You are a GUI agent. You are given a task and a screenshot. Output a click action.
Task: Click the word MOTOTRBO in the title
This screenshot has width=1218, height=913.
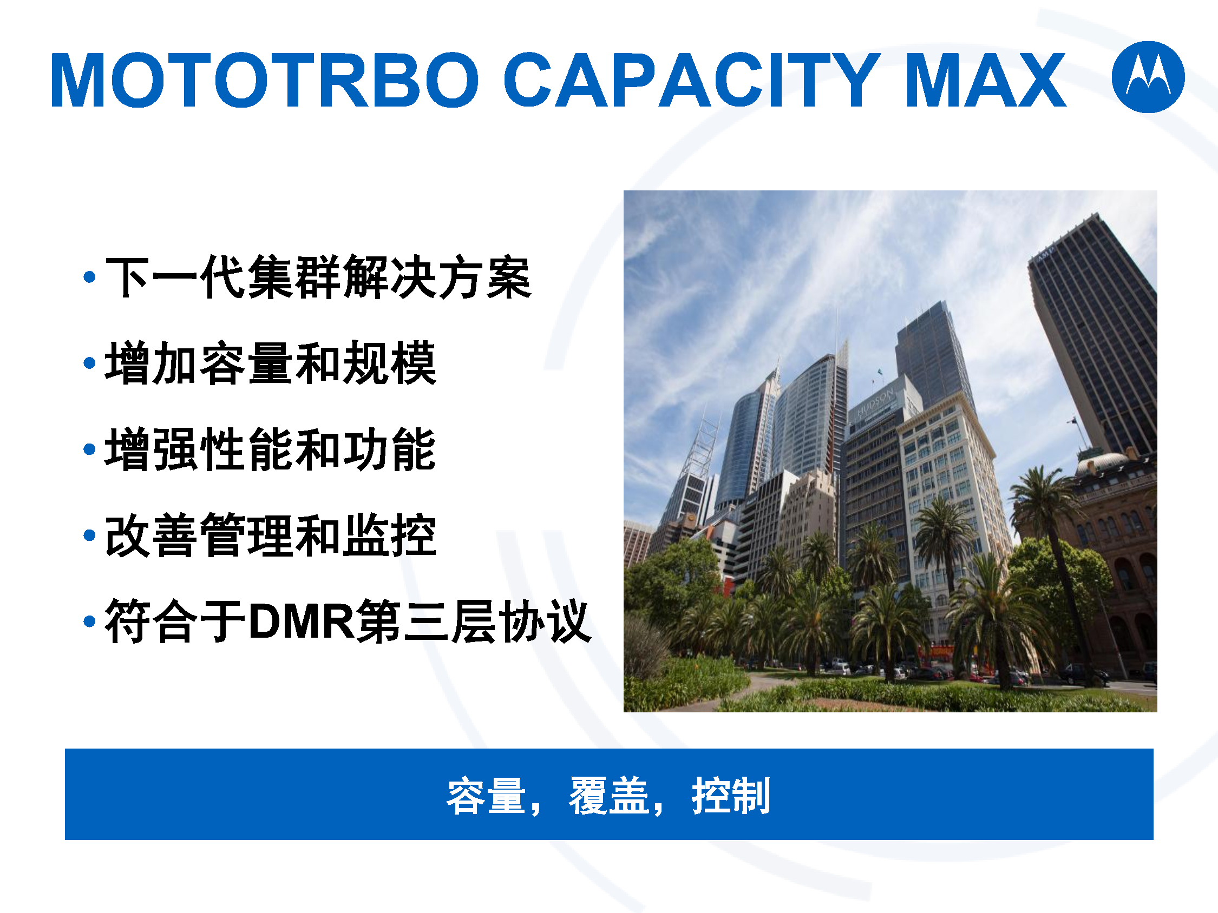tap(265, 80)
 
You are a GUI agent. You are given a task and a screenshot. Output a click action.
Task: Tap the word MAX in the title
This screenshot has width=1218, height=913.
tap(986, 80)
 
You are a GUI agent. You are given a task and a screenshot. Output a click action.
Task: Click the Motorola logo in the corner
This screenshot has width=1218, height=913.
tap(1148, 77)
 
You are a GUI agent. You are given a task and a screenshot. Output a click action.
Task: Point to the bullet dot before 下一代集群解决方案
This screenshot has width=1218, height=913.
tap(90, 277)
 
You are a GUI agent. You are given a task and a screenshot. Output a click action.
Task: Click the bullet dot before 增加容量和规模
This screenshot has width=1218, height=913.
tap(90, 363)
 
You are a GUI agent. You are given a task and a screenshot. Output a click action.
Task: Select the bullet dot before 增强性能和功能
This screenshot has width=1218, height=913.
tap(90, 449)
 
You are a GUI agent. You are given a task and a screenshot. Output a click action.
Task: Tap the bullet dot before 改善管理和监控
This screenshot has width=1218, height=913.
tap(90, 535)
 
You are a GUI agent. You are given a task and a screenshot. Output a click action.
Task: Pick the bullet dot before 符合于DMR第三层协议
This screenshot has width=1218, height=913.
tap(90, 621)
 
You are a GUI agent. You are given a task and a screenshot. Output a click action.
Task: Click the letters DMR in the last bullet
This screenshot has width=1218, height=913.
tap(302, 621)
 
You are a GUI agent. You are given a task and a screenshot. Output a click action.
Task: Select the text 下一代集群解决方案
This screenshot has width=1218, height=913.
tap(318, 277)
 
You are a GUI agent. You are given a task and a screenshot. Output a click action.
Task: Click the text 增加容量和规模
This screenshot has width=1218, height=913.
tap(270, 363)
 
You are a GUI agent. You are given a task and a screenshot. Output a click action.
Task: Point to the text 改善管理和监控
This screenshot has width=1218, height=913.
tap(270, 535)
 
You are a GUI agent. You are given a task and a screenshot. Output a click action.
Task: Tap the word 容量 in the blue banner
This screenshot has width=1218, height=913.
tap(486, 796)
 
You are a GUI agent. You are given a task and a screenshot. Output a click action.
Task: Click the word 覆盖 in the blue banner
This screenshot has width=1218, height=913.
tap(609, 796)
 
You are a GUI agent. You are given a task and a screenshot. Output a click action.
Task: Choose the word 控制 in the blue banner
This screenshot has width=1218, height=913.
tap(731, 796)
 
